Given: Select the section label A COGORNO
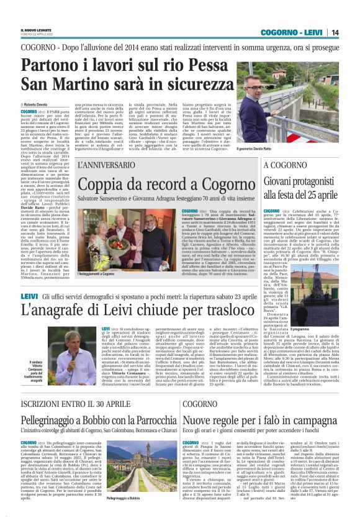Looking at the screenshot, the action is pos(286,165).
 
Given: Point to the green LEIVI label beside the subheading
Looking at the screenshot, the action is pos(29,297).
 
